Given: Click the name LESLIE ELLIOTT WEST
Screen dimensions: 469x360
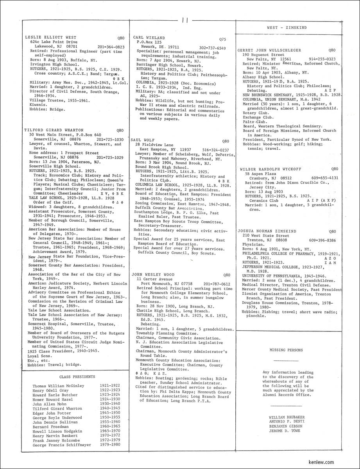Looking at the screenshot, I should (x=50, y=38).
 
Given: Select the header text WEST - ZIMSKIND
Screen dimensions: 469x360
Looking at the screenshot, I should (x=287, y=28).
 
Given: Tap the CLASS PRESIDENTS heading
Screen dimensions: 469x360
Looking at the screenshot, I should (x=77, y=377).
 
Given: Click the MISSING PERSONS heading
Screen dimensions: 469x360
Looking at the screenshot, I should (x=286, y=350).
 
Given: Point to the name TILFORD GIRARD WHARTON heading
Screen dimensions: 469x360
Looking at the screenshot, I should (x=54, y=130).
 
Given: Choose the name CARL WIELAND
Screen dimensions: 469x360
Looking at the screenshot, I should (x=149, y=38).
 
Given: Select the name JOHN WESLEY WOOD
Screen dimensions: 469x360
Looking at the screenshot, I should (x=154, y=274).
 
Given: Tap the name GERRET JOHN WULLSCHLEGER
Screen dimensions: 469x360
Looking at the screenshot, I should (x=269, y=50).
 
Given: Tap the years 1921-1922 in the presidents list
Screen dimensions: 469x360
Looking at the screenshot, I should (x=110, y=385).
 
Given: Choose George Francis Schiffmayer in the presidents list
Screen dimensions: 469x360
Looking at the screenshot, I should (x=62, y=445).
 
